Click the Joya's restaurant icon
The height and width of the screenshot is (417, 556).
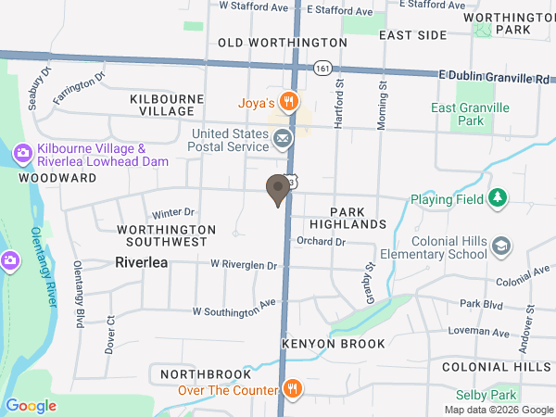[290, 101]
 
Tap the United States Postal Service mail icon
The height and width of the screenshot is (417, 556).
[283, 140]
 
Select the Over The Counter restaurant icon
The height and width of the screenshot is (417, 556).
[292, 389]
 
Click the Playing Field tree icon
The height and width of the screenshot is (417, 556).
[499, 197]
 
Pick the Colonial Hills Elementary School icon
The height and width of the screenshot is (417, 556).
[501, 246]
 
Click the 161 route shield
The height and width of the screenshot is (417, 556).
[322, 69]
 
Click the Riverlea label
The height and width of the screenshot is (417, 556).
[142, 262]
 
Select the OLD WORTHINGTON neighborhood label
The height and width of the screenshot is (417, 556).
[283, 43]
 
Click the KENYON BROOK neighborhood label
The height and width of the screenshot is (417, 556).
[333, 344]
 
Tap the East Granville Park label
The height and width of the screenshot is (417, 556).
[471, 115]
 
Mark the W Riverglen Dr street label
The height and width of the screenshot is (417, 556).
[244, 265]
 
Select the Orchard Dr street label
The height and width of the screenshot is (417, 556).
[321, 242]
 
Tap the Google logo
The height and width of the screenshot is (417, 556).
[32, 405]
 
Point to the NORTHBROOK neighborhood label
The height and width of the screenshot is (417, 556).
[206, 374]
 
